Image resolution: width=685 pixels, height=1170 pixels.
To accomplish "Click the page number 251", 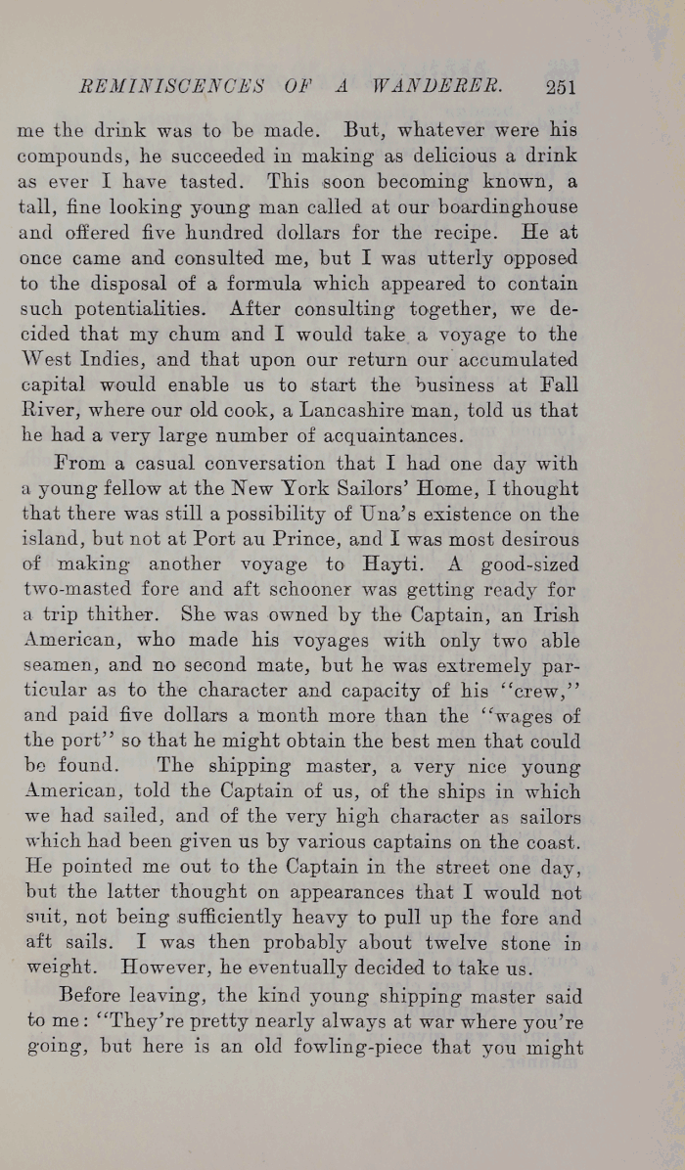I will [560, 86].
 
